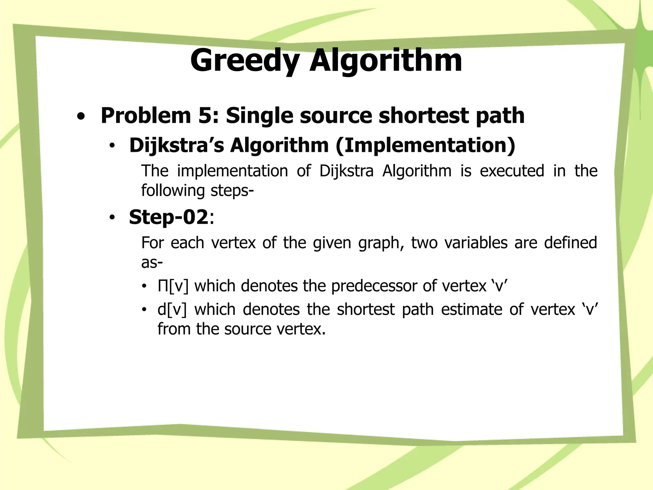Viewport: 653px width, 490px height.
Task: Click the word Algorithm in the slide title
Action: pos(386,61)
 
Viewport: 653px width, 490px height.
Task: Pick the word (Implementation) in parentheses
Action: pos(425,145)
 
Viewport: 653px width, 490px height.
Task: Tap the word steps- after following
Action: pos(232,190)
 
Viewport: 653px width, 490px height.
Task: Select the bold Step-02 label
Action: pos(168,217)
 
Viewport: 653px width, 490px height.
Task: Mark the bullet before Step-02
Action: pos(112,218)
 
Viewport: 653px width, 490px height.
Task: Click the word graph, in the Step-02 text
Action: pos(381,243)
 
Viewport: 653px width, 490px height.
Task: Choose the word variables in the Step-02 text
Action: pos(476,242)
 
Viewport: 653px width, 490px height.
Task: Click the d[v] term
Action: pos(172,309)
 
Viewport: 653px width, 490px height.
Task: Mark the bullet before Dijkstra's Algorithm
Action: pos(112,146)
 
